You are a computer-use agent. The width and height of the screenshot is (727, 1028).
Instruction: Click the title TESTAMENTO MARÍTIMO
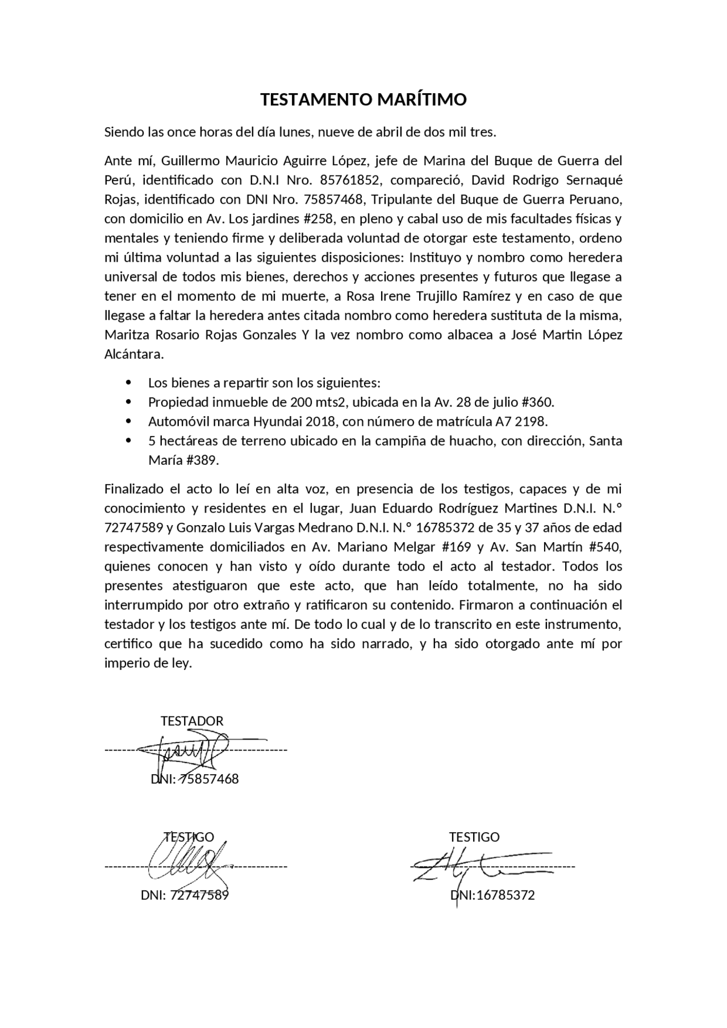(363, 99)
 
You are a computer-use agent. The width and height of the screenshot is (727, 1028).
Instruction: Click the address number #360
(536, 402)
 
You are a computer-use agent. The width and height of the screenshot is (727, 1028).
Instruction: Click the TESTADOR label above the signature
(192, 721)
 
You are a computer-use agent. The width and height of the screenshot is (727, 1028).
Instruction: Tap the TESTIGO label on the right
(474, 837)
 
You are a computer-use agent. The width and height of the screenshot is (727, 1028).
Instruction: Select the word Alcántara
(133, 354)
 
